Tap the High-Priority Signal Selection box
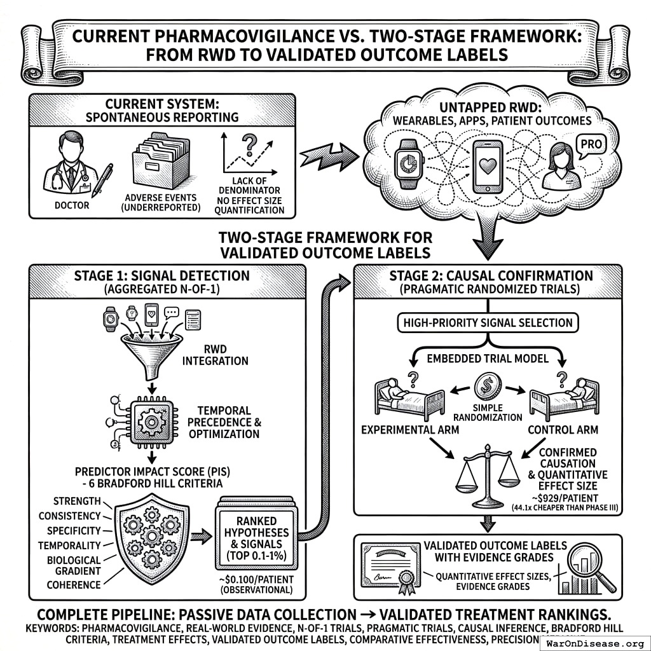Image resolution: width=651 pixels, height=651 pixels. point(488,323)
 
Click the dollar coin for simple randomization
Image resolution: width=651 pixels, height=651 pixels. point(488,386)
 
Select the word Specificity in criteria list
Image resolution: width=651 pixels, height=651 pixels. point(69,531)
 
